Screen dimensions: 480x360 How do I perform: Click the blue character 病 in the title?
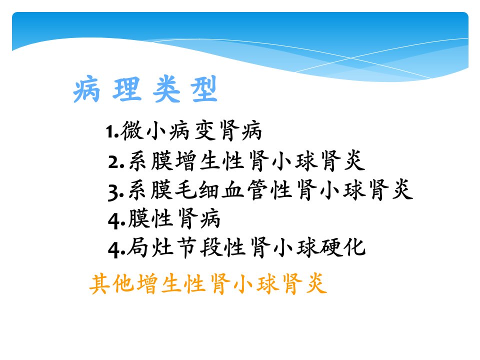coord(86,89)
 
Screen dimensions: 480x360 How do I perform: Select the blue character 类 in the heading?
coord(166,89)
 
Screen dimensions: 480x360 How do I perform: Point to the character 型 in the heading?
coord(204,89)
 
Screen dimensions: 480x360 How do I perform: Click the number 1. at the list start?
coord(112,132)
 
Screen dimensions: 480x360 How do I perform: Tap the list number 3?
coord(116,192)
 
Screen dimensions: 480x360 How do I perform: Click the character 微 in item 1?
coord(132,130)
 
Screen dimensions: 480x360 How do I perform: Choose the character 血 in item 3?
coord(232,190)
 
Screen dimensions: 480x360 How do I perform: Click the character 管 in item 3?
coord(257,190)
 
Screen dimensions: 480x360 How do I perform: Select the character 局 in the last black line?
coord(137,247)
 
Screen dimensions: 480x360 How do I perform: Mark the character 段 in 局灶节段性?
coord(211,247)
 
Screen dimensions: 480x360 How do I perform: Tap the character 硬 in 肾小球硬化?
coord(331,247)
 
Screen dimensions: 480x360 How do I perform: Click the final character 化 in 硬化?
coord(355,247)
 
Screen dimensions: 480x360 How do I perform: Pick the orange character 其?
coord(99,284)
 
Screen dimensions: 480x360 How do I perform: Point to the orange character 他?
coord(123,284)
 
